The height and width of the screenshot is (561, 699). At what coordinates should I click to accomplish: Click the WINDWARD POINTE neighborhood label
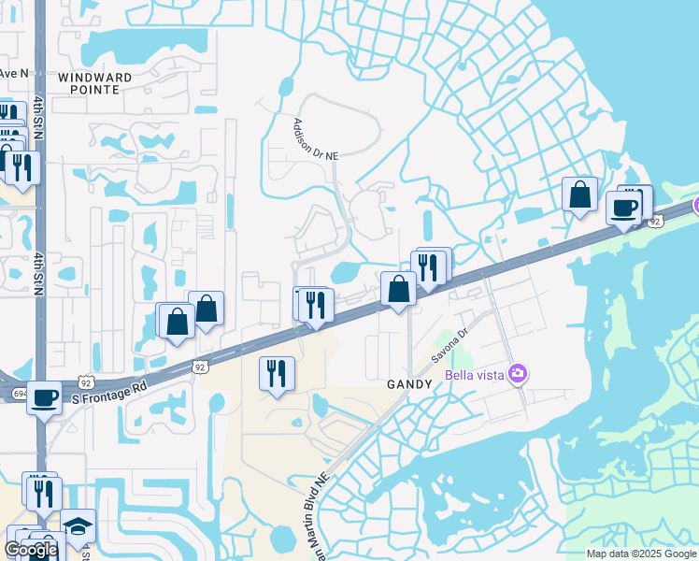(x=89, y=83)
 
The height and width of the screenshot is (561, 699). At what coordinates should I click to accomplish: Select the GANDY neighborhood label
(x=410, y=384)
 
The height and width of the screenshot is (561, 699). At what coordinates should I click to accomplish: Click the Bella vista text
(x=474, y=375)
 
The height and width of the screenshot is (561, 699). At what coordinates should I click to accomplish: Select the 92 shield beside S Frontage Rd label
(x=87, y=382)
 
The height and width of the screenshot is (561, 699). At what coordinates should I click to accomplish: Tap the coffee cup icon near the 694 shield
(x=44, y=396)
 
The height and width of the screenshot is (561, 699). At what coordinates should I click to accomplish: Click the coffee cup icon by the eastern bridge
(x=623, y=208)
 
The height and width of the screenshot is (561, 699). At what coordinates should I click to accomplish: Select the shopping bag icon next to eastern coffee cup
(x=579, y=194)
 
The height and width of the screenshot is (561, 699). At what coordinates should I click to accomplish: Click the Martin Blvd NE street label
(x=315, y=515)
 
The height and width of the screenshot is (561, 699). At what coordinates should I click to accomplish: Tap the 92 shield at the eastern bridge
(x=655, y=222)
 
